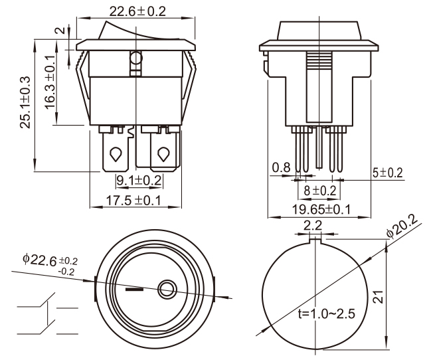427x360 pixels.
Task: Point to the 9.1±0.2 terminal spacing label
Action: (139, 180)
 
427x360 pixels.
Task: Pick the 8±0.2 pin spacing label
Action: (319, 191)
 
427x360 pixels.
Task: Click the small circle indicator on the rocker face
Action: (166, 289)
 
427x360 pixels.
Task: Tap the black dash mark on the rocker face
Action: (134, 290)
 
